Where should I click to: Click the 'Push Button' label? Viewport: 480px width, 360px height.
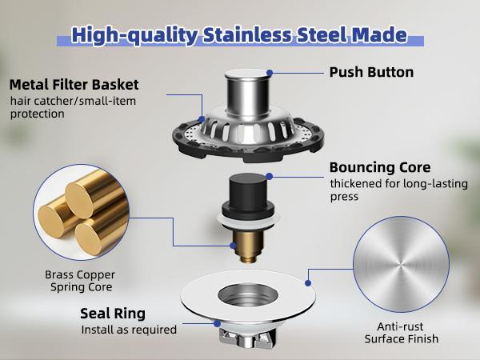(371, 72)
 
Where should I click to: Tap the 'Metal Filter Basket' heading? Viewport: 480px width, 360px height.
(74, 85)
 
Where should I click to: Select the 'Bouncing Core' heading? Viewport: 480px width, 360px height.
(380, 167)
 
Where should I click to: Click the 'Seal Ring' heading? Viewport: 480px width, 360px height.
(113, 314)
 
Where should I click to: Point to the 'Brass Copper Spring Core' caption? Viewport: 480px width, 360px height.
(80, 281)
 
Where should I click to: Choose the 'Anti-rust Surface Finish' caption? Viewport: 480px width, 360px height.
(401, 333)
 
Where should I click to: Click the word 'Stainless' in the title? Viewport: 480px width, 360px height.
(246, 34)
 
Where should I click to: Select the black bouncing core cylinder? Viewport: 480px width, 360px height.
(248, 194)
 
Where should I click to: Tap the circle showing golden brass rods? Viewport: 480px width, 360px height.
(81, 212)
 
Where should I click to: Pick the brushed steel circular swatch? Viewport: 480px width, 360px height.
(401, 265)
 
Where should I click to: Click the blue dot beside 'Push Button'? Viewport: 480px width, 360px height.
(270, 73)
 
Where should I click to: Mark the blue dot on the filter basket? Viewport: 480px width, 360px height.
(202, 119)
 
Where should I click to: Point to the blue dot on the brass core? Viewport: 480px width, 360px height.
(233, 246)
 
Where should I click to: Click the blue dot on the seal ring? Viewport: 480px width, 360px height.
(217, 323)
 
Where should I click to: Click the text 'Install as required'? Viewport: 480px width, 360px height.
(129, 330)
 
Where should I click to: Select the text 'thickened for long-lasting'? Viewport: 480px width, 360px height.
(399, 184)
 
